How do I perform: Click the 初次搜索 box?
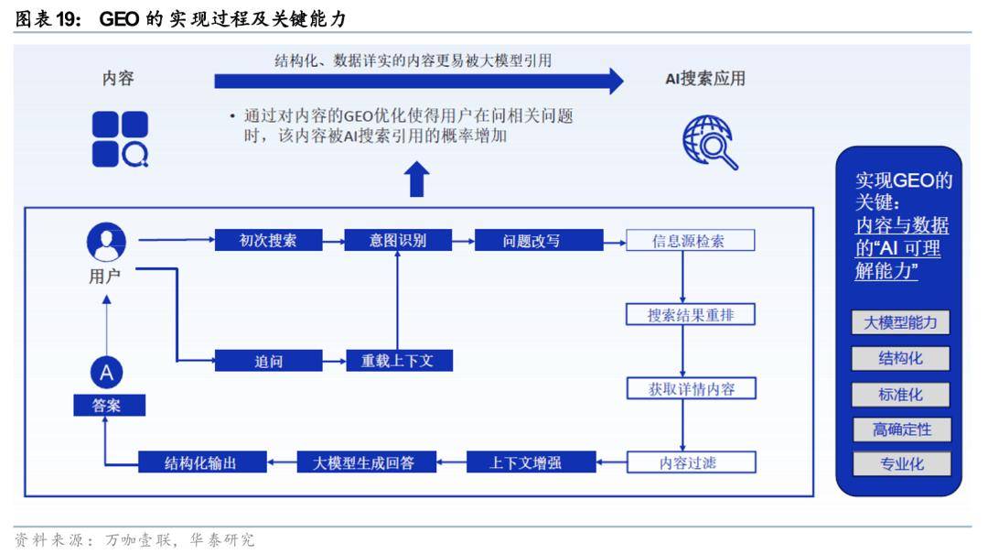click(268, 241)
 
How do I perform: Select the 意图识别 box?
click(398, 241)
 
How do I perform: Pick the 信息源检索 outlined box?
click(690, 241)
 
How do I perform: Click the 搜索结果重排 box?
click(691, 315)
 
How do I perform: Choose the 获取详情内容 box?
click(692, 388)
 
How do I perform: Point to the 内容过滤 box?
click(692, 462)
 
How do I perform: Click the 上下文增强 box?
click(532, 462)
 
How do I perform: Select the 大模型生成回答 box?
click(366, 462)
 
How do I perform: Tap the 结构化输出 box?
click(202, 462)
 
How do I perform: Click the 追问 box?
click(268, 361)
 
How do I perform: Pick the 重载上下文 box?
click(399, 361)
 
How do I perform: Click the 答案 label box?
click(109, 405)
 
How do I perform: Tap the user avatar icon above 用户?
click(106, 242)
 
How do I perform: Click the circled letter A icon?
click(106, 373)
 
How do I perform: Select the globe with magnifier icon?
click(710, 143)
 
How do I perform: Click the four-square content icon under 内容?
click(120, 139)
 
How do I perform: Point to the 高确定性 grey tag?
click(902, 429)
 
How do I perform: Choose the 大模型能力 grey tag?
click(900, 322)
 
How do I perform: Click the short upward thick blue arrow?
click(416, 179)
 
